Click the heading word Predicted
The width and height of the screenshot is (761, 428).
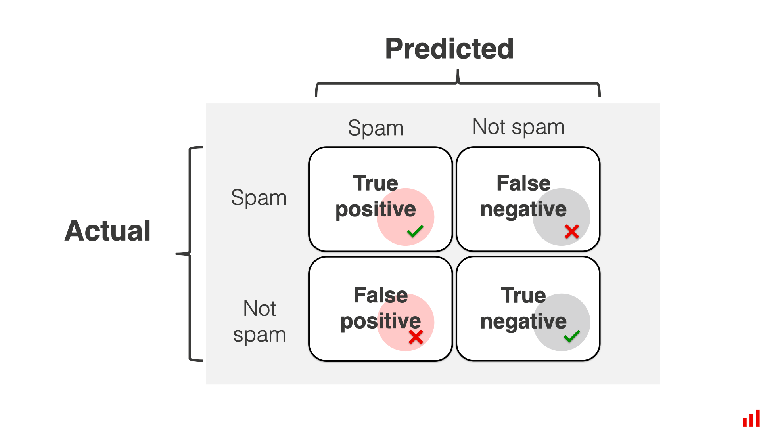coord(449,49)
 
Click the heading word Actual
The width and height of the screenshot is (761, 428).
coord(107,231)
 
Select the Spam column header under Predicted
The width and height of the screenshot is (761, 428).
coord(376,128)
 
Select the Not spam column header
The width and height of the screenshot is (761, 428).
coord(518,127)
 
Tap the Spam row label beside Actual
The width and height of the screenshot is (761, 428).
coord(259,197)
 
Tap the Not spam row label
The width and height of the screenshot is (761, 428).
coord(259,321)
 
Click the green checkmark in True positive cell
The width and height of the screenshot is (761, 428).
coord(415,231)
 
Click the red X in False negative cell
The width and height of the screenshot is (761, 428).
coord(571,231)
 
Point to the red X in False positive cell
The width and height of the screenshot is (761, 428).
coord(416,337)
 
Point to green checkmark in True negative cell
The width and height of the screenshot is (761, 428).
coord(571,336)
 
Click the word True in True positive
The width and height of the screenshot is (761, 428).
coord(376,183)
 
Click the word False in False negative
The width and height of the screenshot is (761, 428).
coord(523,183)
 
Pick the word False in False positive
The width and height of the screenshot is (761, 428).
coord(381,295)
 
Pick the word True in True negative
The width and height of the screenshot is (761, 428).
coord(523,295)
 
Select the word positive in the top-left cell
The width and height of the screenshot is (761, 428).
coord(376,210)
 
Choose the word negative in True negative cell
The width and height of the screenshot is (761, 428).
coord(523,321)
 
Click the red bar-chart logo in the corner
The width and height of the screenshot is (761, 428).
coord(751,419)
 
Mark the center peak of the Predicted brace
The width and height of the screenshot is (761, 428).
coord(458,75)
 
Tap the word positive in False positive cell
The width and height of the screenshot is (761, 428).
coord(381,321)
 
